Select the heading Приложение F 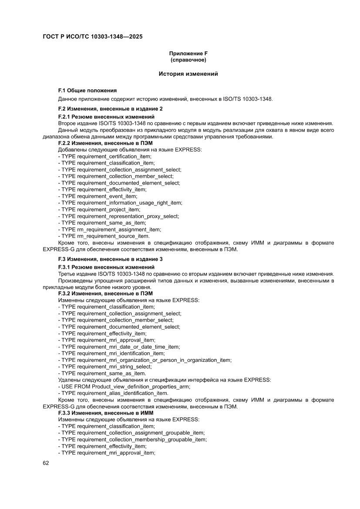(x=188, y=53)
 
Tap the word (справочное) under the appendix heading (x=188, y=59)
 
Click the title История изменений (x=188, y=74)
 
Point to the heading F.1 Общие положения (x=87, y=91)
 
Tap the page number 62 (x=46, y=463)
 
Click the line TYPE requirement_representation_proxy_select (x=118, y=216)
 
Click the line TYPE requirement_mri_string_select (x=104, y=367)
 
